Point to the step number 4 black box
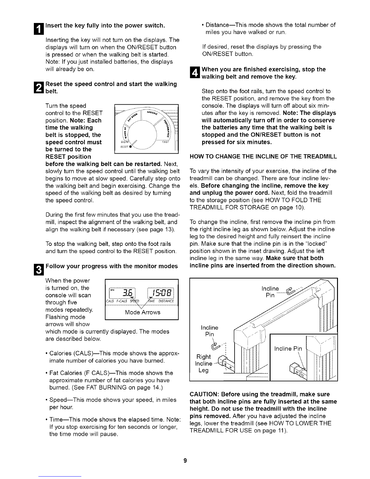[193, 73]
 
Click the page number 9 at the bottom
[185, 461]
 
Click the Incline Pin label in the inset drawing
[288, 349]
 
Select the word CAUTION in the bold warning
[204, 394]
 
